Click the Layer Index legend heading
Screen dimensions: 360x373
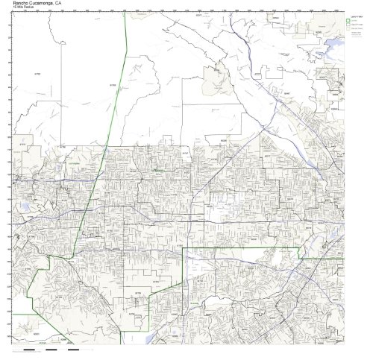[354, 15]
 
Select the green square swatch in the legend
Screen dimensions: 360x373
[348, 20]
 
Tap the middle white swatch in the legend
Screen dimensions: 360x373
[348, 25]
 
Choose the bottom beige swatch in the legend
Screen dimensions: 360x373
[348, 31]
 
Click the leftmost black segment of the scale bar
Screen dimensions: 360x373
[30, 350]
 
